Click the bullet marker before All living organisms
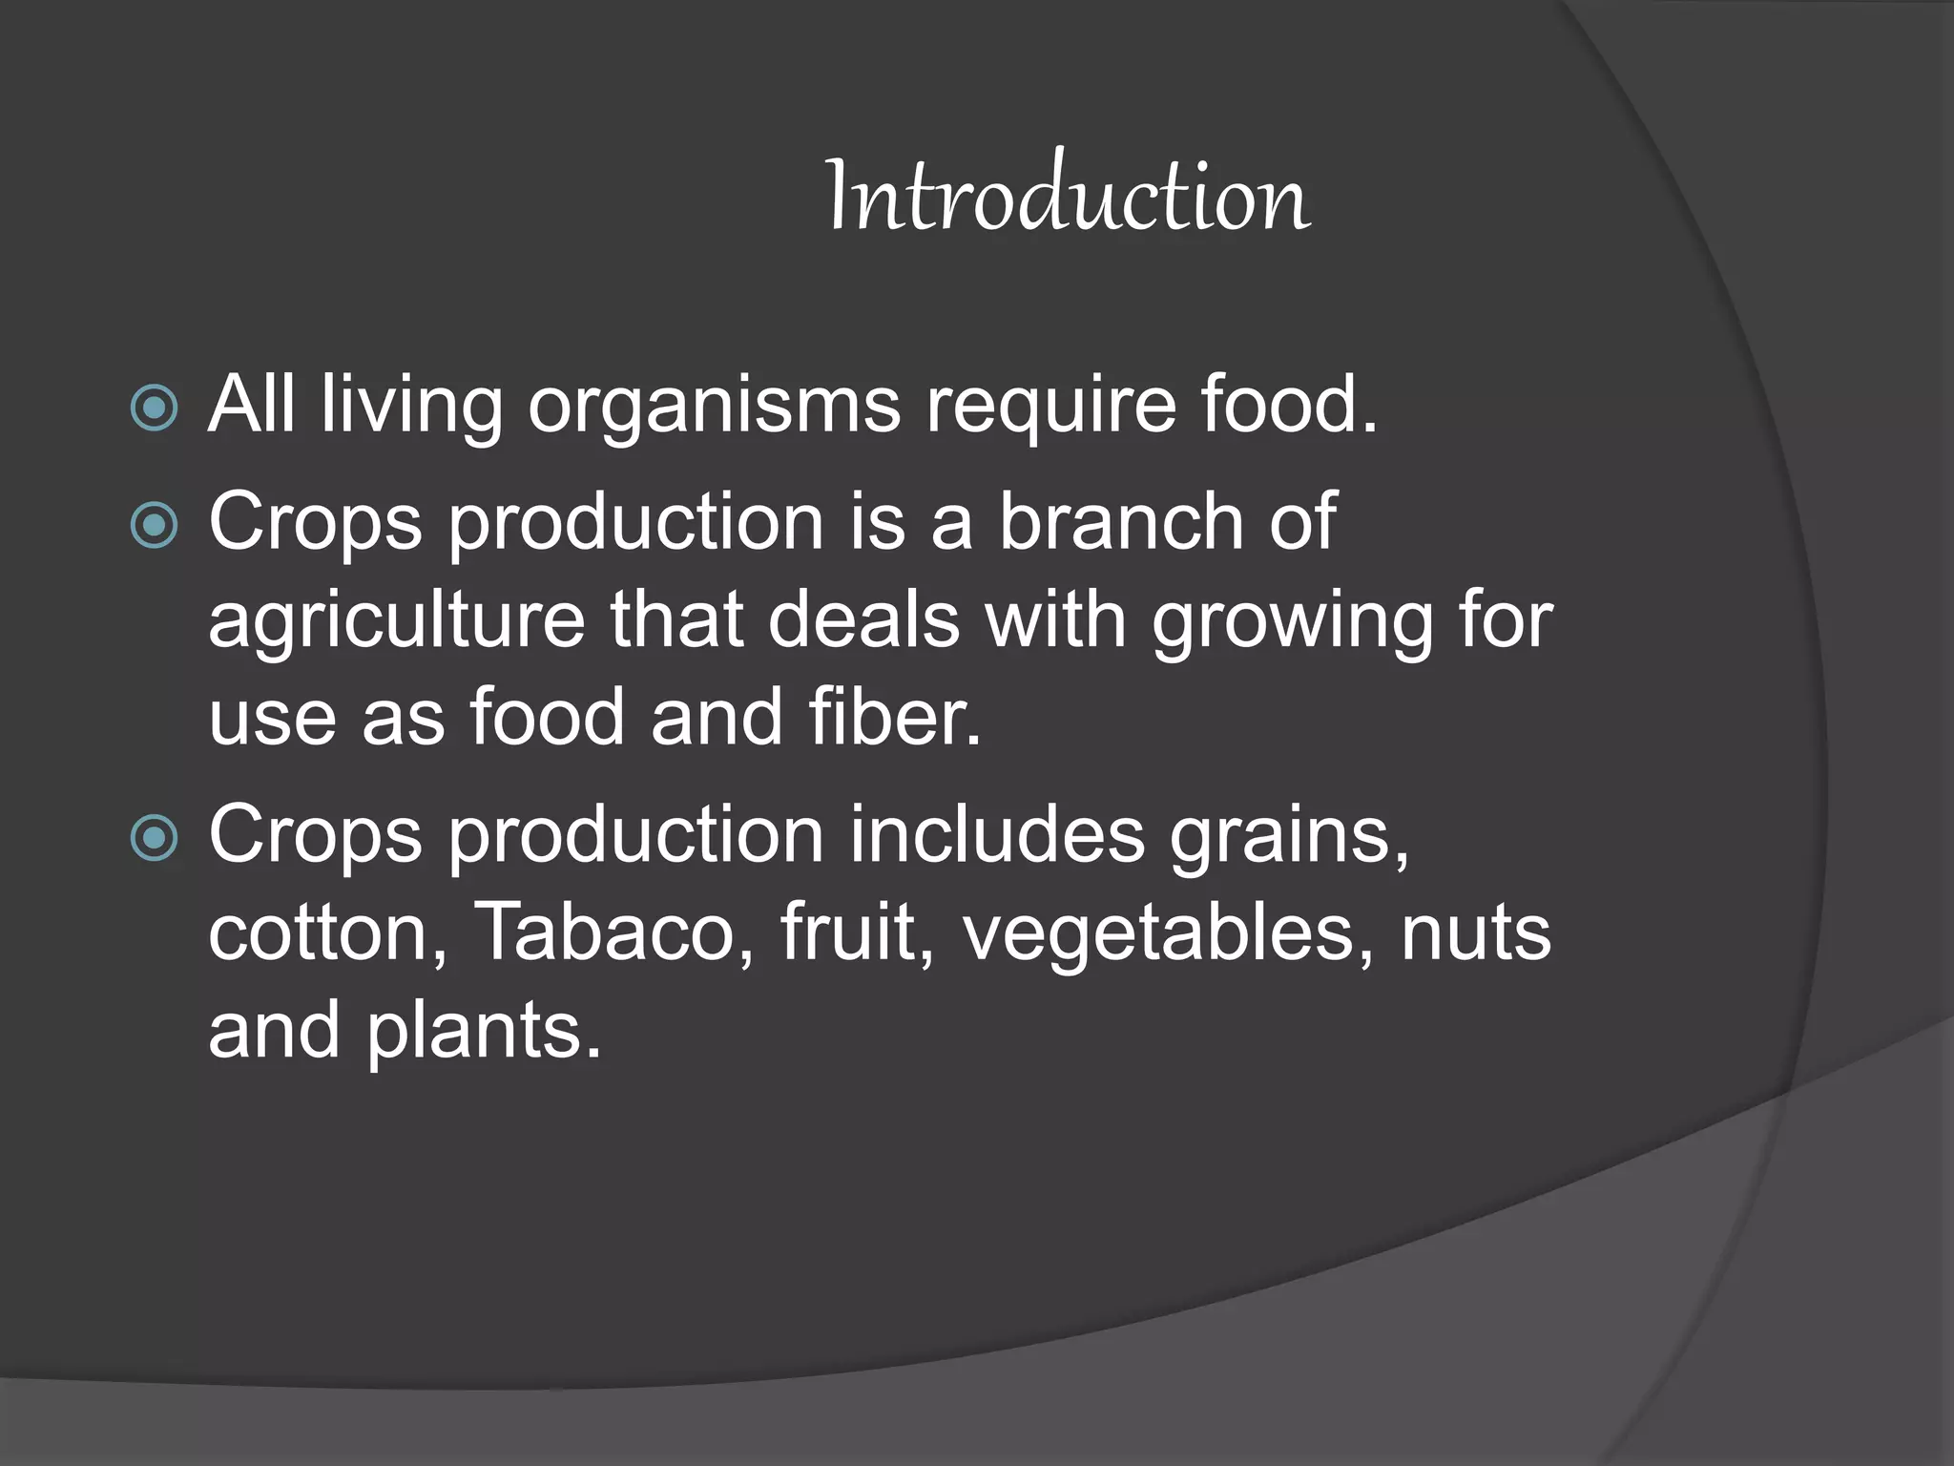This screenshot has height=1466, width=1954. [154, 408]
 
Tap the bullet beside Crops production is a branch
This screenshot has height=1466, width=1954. [154, 524]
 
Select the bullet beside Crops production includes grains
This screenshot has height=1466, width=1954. [154, 838]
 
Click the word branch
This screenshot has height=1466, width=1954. [1120, 522]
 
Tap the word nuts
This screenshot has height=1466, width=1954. [1475, 932]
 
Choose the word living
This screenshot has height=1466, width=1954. [411, 407]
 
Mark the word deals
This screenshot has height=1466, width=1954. [863, 620]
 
